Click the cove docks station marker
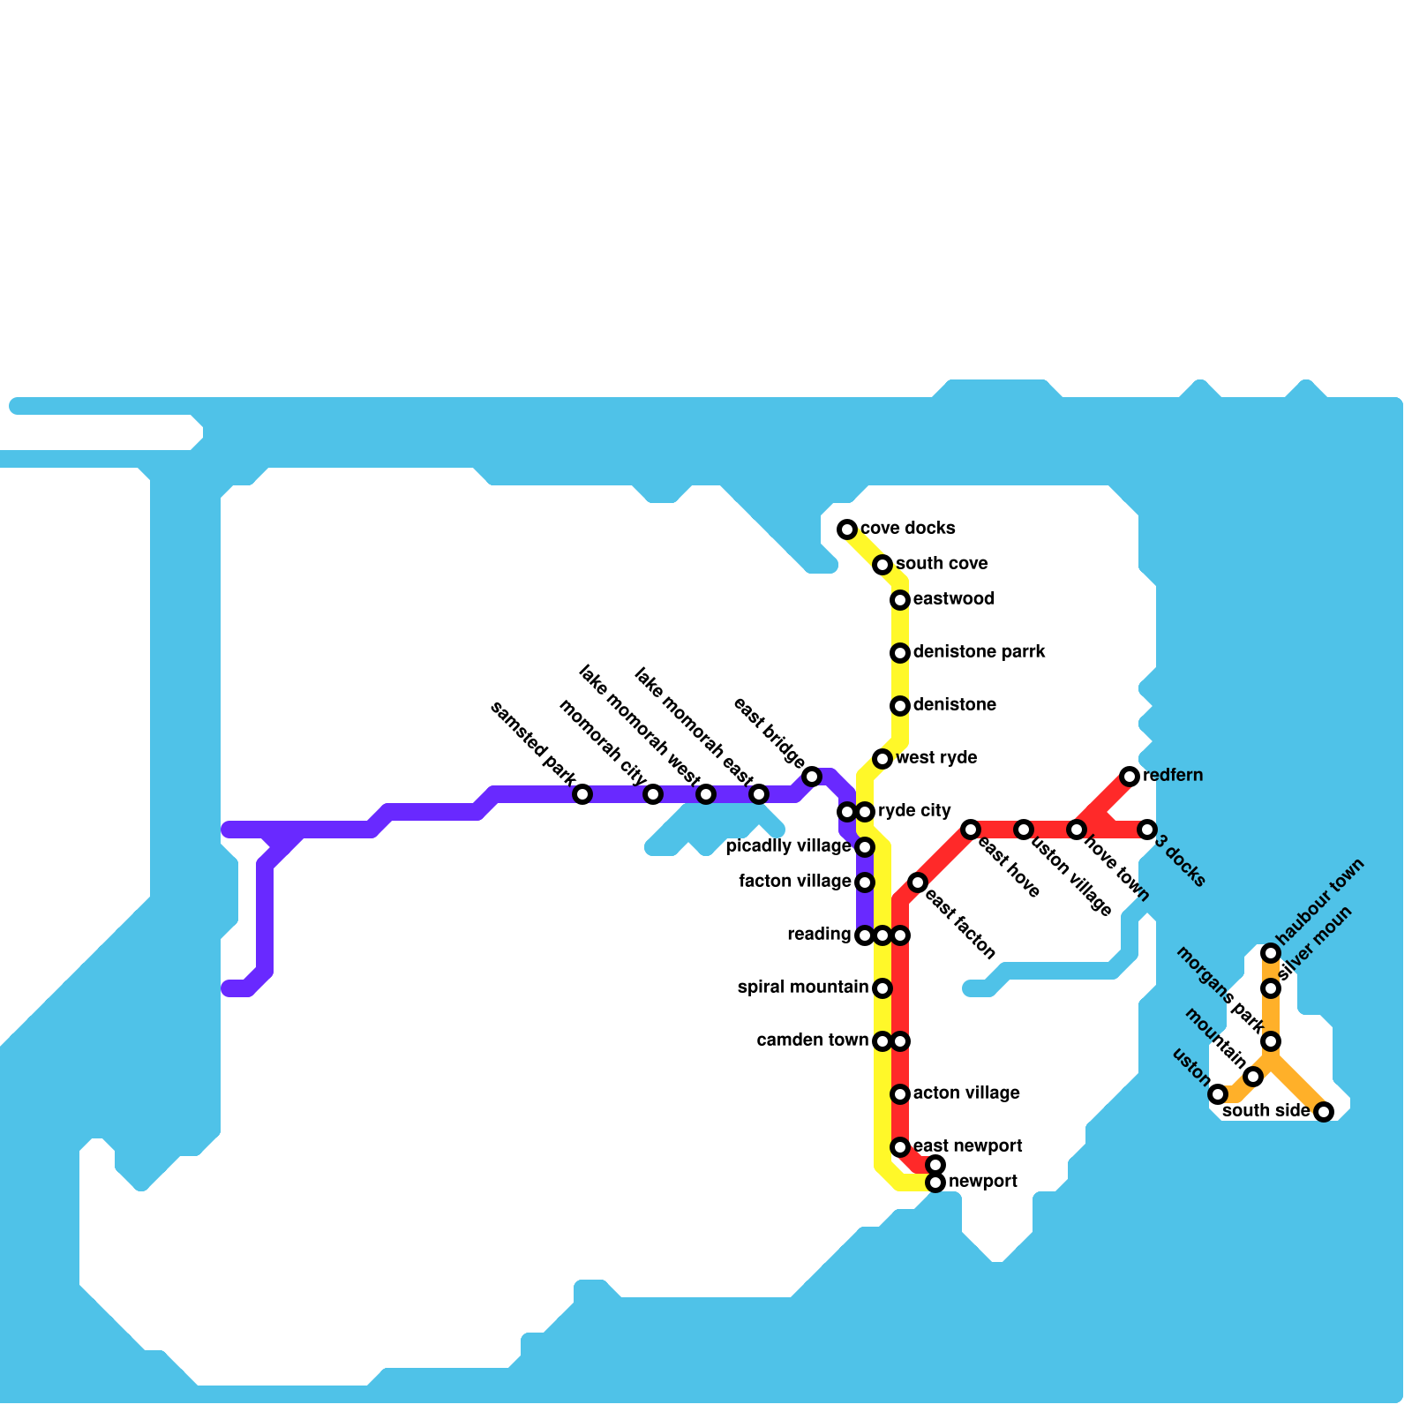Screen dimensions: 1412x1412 click(x=847, y=529)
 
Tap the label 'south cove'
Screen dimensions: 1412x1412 click(x=942, y=564)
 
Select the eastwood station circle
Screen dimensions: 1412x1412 click(x=900, y=600)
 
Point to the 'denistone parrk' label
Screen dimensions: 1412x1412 click(x=979, y=652)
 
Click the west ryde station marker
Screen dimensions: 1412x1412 click(x=882, y=759)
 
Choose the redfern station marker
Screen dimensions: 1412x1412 click(x=1130, y=777)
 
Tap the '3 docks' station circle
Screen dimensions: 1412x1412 click(x=1147, y=830)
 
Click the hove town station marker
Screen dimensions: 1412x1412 click(x=1077, y=830)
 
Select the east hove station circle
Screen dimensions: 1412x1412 click(x=971, y=830)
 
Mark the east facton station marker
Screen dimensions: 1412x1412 click(x=918, y=882)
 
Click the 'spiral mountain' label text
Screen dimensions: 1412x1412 click(x=802, y=988)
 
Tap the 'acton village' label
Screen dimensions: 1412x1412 click(x=966, y=1093)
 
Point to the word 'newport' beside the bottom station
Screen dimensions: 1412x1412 click(x=983, y=1182)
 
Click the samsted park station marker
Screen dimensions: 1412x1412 click(x=582, y=794)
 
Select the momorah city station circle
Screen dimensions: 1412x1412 click(x=653, y=794)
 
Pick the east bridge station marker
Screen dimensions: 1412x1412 click(x=812, y=777)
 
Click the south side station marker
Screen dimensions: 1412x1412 click(x=1324, y=1112)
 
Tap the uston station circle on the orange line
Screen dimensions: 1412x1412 click(x=1218, y=1094)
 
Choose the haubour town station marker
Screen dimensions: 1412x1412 click(x=1271, y=953)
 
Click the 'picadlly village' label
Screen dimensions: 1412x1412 click(x=787, y=846)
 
